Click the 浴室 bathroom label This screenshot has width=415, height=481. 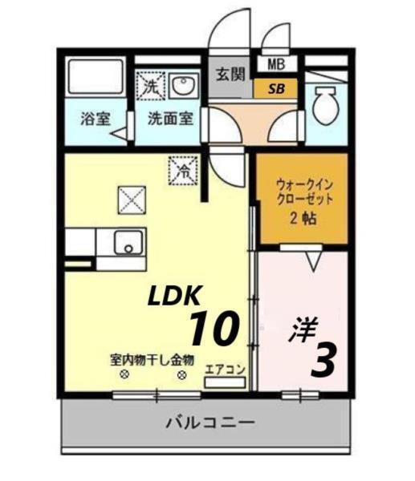coord(95,119)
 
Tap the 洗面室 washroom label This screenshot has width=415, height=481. coord(169,119)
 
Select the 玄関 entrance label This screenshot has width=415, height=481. coord(230,75)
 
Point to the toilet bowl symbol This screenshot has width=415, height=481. coord(325,105)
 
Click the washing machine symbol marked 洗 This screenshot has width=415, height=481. coord(149,87)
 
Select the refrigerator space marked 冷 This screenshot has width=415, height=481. coord(182,170)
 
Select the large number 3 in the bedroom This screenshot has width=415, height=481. coord(321,360)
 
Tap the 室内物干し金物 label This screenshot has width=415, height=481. coord(152,360)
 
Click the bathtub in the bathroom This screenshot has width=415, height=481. coord(95,79)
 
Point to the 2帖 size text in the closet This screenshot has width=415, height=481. coord(303,217)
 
